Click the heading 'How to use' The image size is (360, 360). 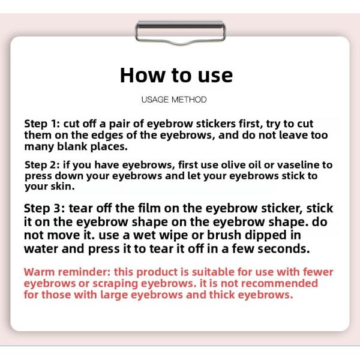(x=176, y=76)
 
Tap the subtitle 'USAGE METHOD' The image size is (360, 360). (x=174, y=100)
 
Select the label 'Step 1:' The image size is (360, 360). (x=42, y=124)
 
